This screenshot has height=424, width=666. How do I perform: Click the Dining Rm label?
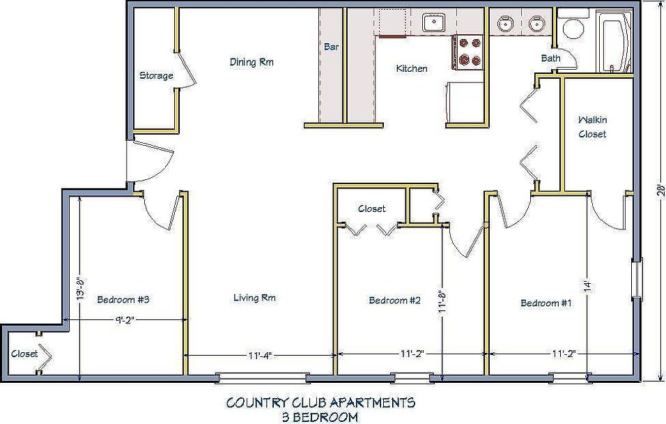pos(251,62)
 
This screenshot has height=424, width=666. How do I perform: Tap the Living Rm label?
pos(254,298)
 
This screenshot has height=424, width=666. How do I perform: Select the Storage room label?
pos(156,76)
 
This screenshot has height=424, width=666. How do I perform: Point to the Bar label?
pos(332,46)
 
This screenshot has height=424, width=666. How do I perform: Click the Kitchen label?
pos(412,68)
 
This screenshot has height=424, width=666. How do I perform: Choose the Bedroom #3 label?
pos(123,299)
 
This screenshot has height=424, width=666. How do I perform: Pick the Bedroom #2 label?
pos(394,301)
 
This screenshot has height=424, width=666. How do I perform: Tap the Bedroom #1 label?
pos(545,303)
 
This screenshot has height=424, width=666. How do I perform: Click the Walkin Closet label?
pos(593,127)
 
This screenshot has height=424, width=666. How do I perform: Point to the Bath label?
pos(550,59)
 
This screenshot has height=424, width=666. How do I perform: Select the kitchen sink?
pos(433,22)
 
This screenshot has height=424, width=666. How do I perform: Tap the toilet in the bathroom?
pos(573,26)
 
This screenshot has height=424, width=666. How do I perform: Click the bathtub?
pos(613,42)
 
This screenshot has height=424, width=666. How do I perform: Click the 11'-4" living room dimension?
pos(260,355)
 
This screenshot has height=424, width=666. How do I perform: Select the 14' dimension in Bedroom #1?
pos(587,286)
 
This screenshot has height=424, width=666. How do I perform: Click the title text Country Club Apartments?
pos(320,402)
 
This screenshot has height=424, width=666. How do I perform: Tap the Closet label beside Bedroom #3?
pos(24,354)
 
